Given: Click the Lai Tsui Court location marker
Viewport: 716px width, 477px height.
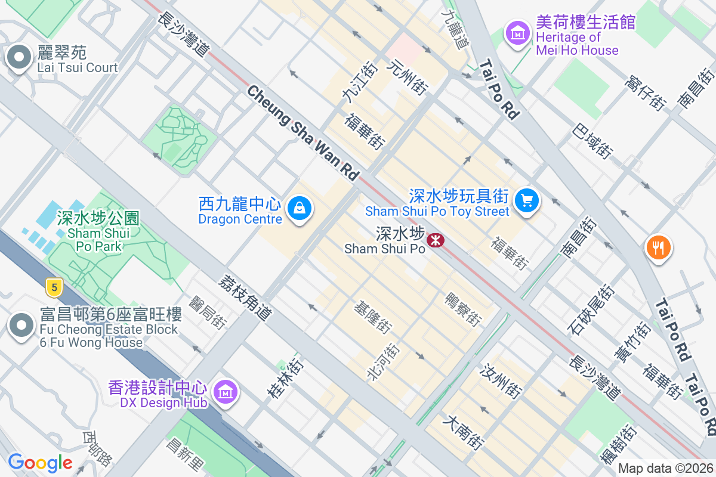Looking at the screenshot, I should pos(20,58).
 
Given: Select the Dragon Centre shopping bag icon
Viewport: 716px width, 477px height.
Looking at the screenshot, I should pos(298,209).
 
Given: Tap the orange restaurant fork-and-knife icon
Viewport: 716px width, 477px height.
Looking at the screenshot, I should pos(658,247).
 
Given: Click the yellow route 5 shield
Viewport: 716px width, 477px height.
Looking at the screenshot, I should pos(54,288).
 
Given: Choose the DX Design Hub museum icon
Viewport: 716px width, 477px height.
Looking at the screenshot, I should pos(226,392).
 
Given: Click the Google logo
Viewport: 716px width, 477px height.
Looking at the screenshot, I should pos(40,463).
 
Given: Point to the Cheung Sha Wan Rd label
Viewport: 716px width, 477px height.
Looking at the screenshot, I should pos(303,133).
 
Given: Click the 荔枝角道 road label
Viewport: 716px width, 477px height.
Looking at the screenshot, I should pos(245,298).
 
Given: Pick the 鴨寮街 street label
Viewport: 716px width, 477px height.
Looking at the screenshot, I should pos(464,308).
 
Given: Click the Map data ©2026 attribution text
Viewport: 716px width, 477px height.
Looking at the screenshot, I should pos(665,469).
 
